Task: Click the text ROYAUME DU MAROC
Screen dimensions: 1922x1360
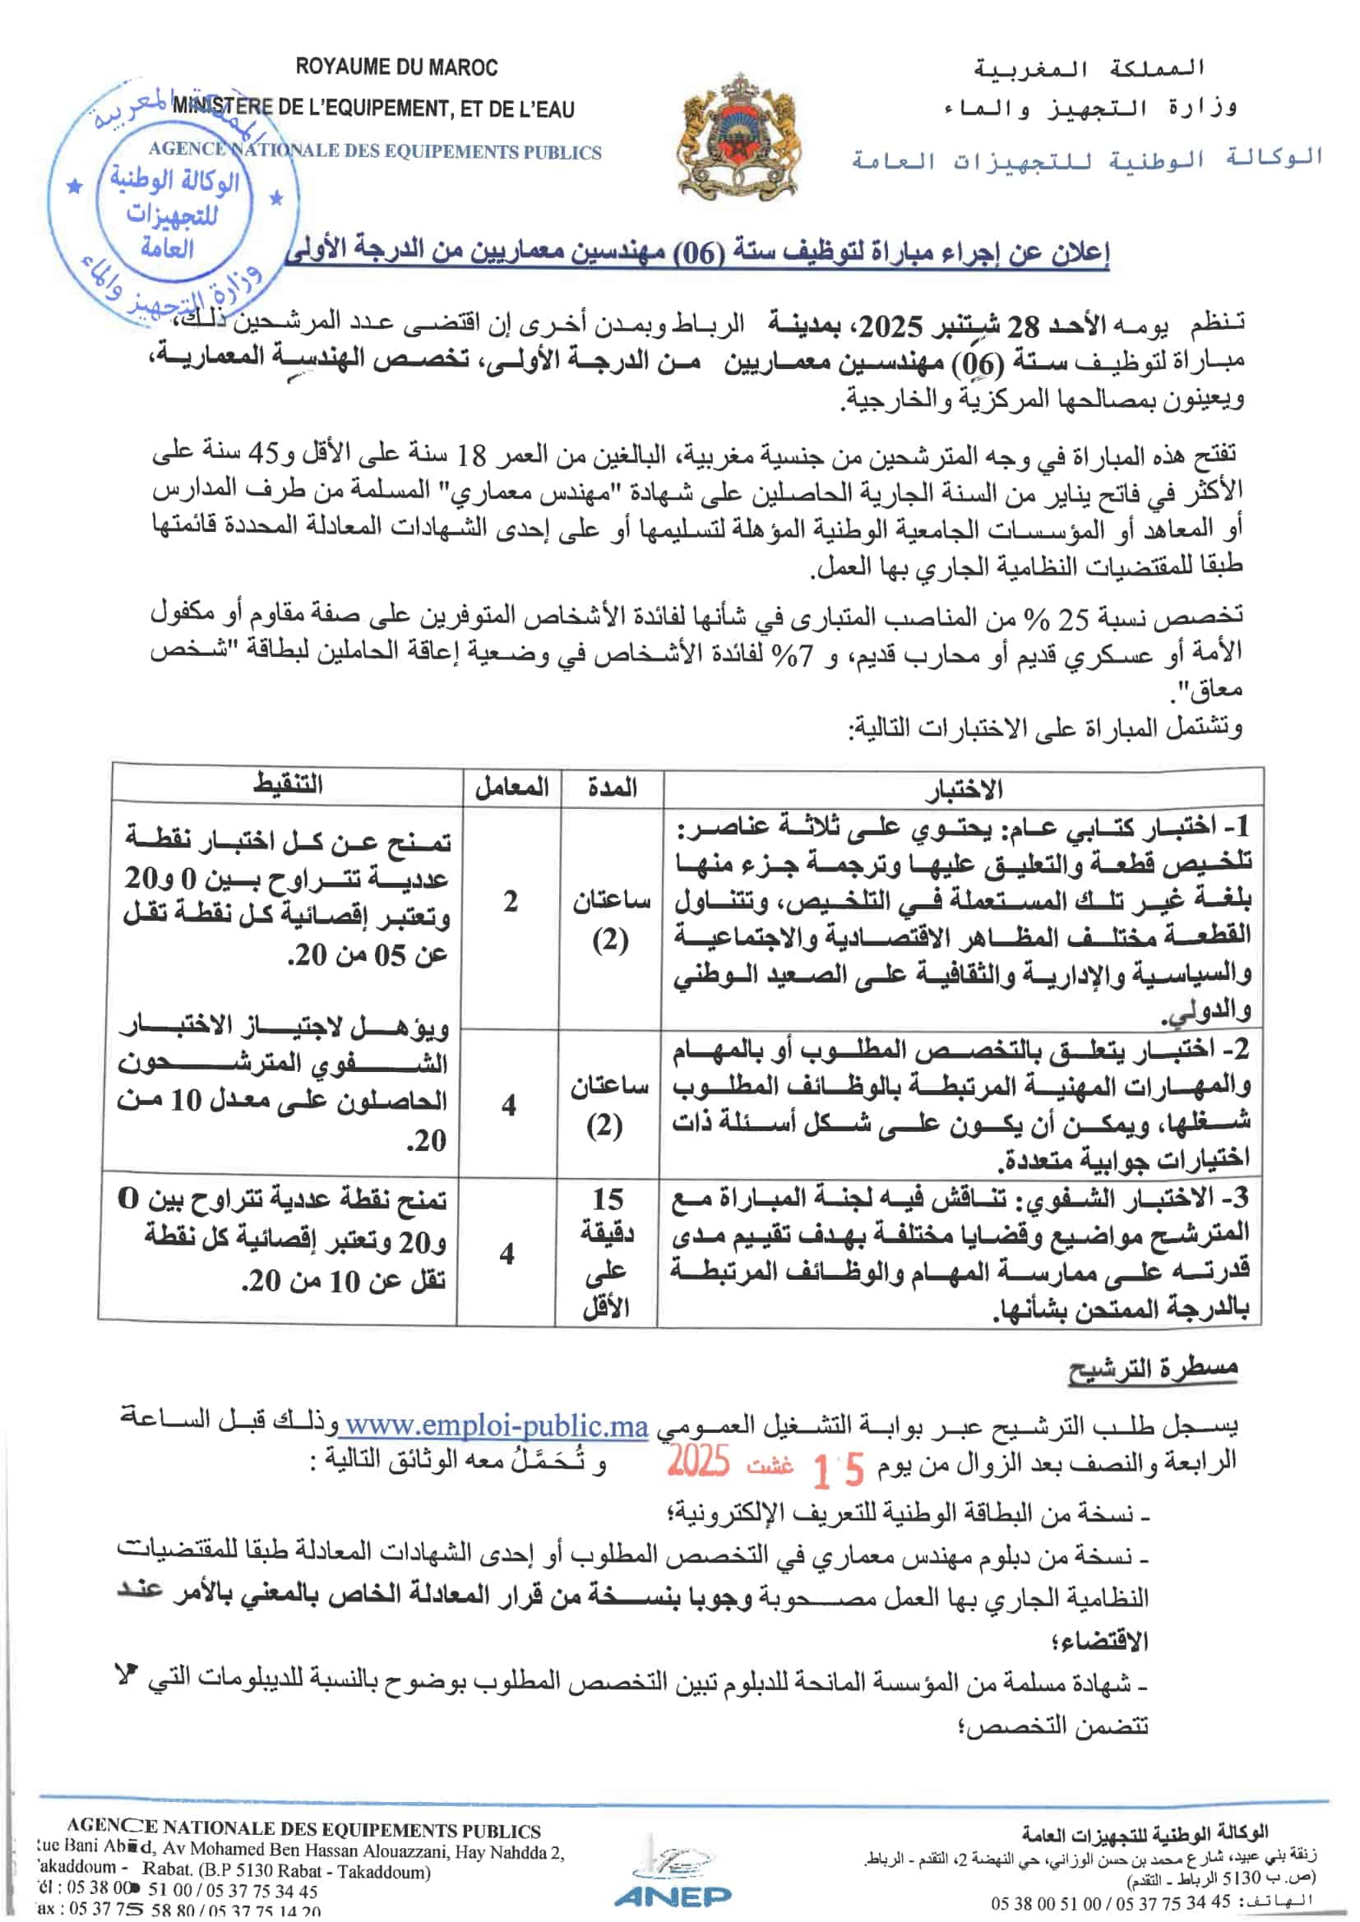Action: point(396,67)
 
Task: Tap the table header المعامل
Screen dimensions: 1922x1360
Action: point(511,788)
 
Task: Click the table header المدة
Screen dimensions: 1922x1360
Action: point(613,788)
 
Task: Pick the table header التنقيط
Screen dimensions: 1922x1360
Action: point(288,783)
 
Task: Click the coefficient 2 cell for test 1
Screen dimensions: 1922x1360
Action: point(510,902)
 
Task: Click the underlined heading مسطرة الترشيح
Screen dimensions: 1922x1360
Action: point(1152,1370)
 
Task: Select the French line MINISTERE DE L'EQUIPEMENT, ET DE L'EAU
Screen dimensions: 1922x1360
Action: point(373,108)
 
